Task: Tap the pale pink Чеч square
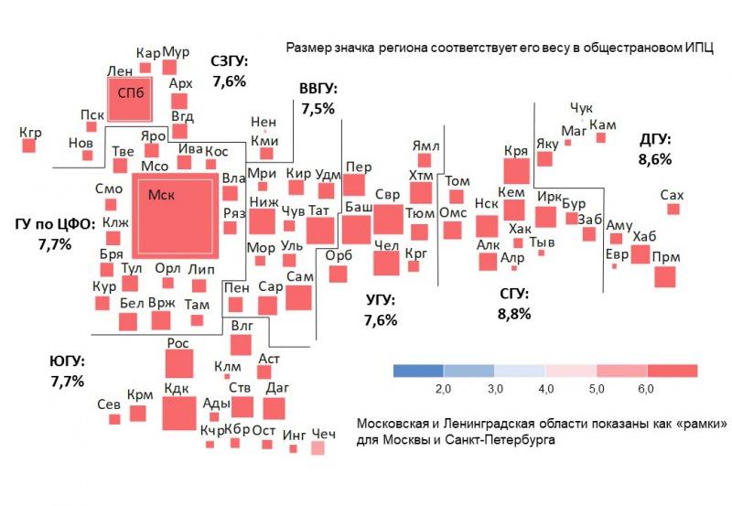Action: click(318, 448)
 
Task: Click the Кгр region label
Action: click(30, 133)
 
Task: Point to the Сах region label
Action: click(672, 195)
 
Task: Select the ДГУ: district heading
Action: click(655, 140)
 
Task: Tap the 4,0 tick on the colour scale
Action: click(546, 391)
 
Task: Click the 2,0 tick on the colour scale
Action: click(444, 391)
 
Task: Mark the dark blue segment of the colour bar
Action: click(418, 371)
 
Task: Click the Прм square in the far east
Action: click(665, 276)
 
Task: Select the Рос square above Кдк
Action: click(178, 363)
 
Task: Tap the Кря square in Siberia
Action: click(516, 171)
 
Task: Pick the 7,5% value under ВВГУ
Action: click(318, 108)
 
